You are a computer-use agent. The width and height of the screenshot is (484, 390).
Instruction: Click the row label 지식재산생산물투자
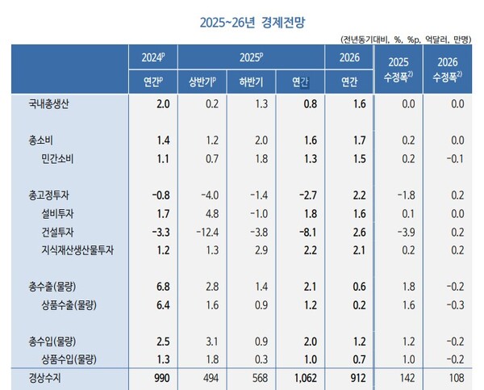click(x=77, y=251)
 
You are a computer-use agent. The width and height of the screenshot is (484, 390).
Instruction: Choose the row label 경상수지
click(x=43, y=378)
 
